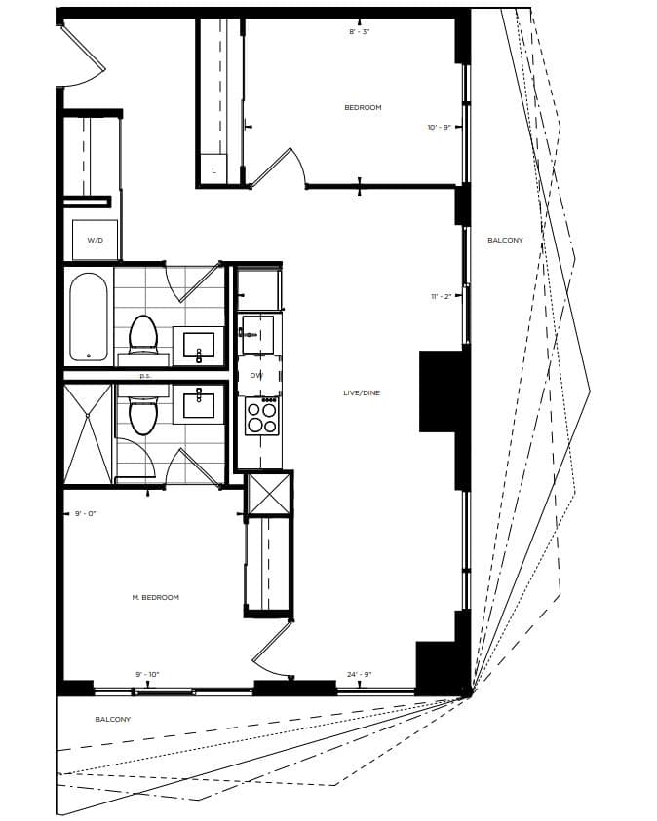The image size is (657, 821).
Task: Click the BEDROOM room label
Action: pos(363,108)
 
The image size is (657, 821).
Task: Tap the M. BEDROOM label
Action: pos(156,597)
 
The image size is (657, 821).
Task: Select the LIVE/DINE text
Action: pos(361,392)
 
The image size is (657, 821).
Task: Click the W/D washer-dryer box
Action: pos(96,240)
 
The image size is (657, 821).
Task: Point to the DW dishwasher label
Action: pos(256,375)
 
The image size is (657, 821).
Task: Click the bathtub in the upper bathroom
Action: pos(89,316)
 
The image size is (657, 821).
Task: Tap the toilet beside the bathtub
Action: pos(143,333)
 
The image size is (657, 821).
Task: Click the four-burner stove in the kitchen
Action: pos(261,417)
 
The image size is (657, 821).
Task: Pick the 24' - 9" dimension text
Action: pos(360,674)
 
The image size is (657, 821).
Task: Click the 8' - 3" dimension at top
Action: pos(360,32)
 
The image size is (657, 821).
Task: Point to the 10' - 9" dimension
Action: pos(439,128)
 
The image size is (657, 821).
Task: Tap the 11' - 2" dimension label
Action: pos(441,297)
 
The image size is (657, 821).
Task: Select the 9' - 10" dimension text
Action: pos(147,674)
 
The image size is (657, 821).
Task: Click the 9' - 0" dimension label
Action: pos(86,513)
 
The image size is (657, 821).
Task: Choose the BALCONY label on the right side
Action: pos(505,240)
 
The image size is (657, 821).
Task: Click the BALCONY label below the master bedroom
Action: pos(112,719)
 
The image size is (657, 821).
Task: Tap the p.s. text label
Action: pos(145,375)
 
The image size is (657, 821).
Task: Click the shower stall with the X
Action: pos(88,433)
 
